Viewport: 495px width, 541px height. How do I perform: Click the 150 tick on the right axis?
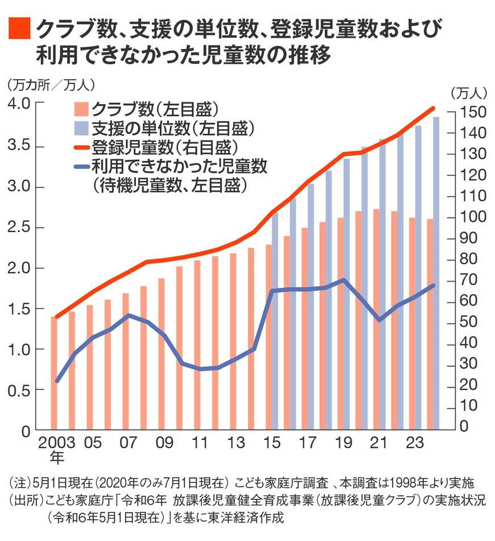pos(467,112)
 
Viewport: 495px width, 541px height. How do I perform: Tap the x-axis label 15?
pos(272,443)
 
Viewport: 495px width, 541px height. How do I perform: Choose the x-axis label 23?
pos(416,443)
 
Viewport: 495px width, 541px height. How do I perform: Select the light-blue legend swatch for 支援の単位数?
pos(81,128)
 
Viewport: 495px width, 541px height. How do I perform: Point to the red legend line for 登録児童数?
pos(81,147)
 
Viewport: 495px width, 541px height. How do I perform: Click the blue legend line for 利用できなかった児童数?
pos(81,167)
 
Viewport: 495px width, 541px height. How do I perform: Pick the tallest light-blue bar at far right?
pos(436,273)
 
